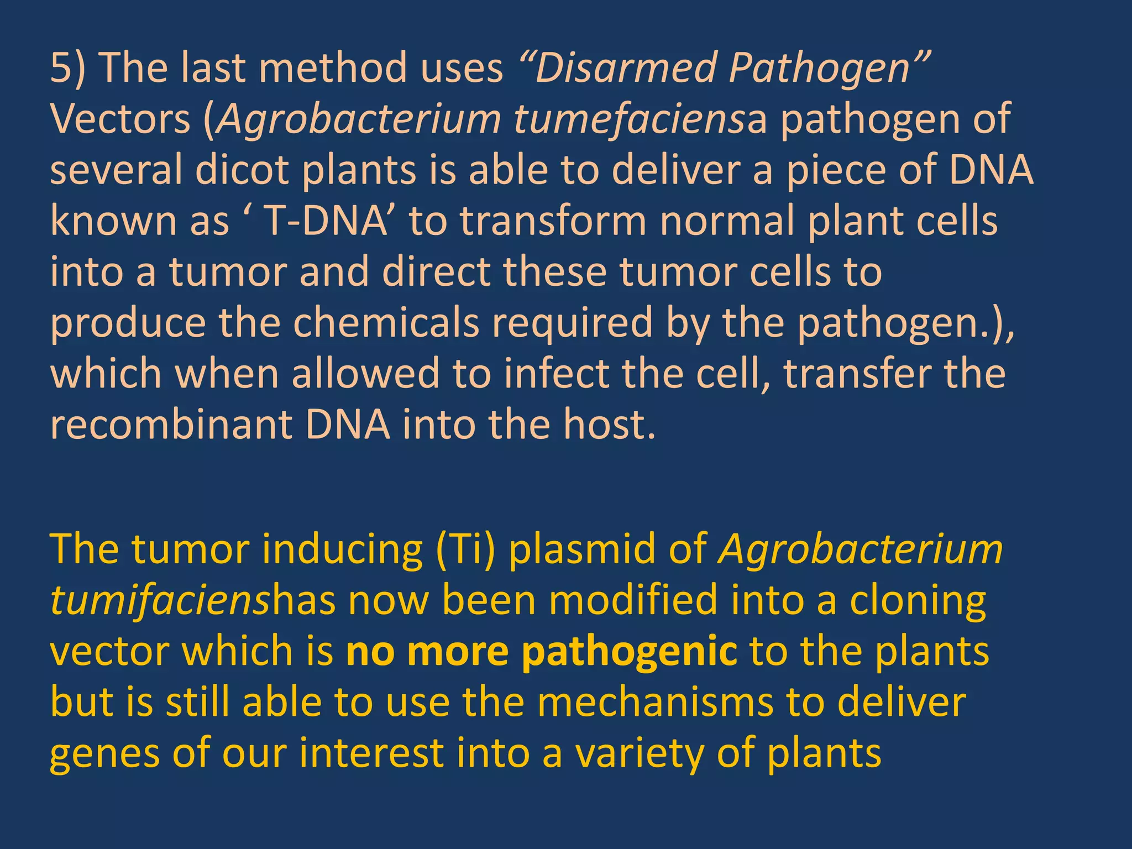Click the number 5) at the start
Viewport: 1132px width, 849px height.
pos(67,68)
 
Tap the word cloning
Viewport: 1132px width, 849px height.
pos(917,600)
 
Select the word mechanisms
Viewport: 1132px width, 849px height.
pos(654,702)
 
